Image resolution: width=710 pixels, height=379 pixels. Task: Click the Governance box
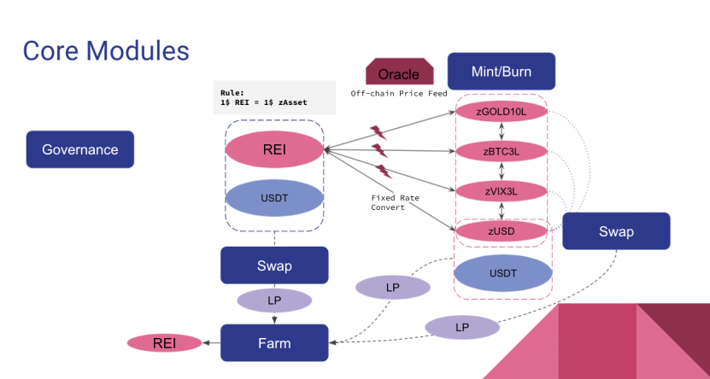click(80, 149)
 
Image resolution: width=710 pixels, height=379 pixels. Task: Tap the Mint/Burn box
click(501, 72)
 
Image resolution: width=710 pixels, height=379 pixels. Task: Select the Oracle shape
click(398, 73)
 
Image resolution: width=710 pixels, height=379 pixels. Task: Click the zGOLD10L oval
click(501, 112)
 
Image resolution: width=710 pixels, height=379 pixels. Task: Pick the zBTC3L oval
click(501, 152)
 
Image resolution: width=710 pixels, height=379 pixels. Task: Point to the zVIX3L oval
click(501, 191)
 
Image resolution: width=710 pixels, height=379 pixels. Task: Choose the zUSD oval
click(501, 230)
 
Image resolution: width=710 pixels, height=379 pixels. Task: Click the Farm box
click(274, 343)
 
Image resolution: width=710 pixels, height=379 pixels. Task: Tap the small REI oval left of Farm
click(165, 343)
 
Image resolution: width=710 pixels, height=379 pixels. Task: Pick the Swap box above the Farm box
click(274, 265)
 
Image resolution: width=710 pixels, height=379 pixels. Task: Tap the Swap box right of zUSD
click(616, 230)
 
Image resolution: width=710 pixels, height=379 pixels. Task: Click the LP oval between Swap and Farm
click(274, 300)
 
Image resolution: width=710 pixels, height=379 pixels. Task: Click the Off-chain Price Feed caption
click(398, 93)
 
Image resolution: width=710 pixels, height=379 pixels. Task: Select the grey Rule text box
click(273, 97)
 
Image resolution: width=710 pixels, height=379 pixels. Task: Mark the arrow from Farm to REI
click(211, 343)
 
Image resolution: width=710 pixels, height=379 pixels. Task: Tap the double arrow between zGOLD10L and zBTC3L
click(501, 131)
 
